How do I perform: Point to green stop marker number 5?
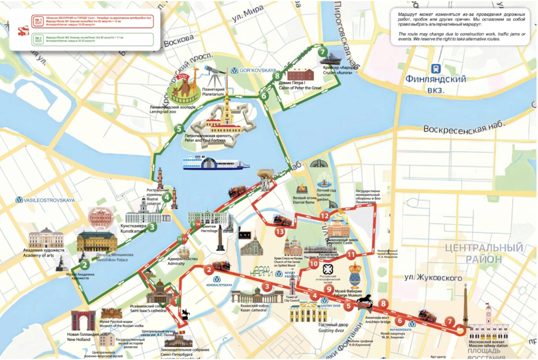click(x=179, y=129)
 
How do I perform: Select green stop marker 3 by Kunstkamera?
click(x=152, y=227)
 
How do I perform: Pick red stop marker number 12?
click(x=325, y=216)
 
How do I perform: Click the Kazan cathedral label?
click(x=251, y=308)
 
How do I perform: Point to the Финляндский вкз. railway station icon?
click(x=435, y=69)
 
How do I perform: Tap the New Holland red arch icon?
click(x=83, y=321)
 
